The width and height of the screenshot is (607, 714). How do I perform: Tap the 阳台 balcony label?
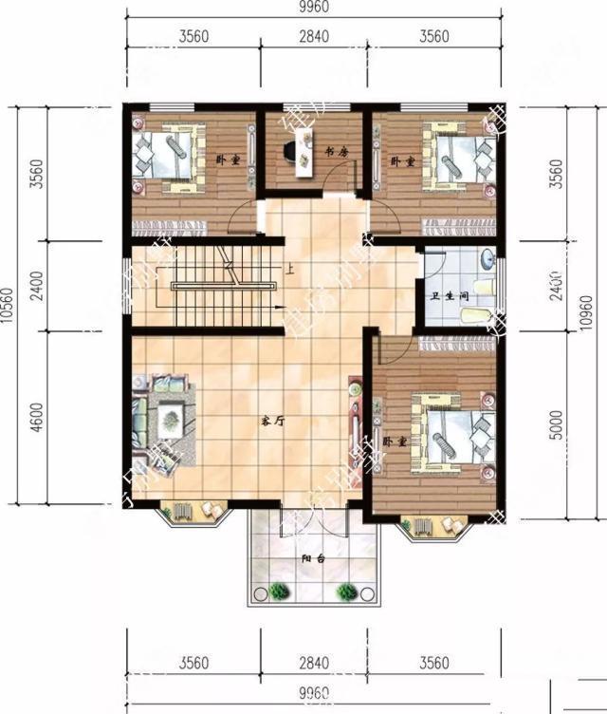[313, 559]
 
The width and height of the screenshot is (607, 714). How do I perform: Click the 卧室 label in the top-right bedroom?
[403, 161]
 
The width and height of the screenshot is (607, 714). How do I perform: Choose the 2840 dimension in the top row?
[313, 38]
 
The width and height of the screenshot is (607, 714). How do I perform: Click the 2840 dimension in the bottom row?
[313, 662]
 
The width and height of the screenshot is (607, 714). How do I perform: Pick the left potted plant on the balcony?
[278, 592]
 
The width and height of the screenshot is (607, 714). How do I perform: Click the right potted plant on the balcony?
[347, 592]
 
